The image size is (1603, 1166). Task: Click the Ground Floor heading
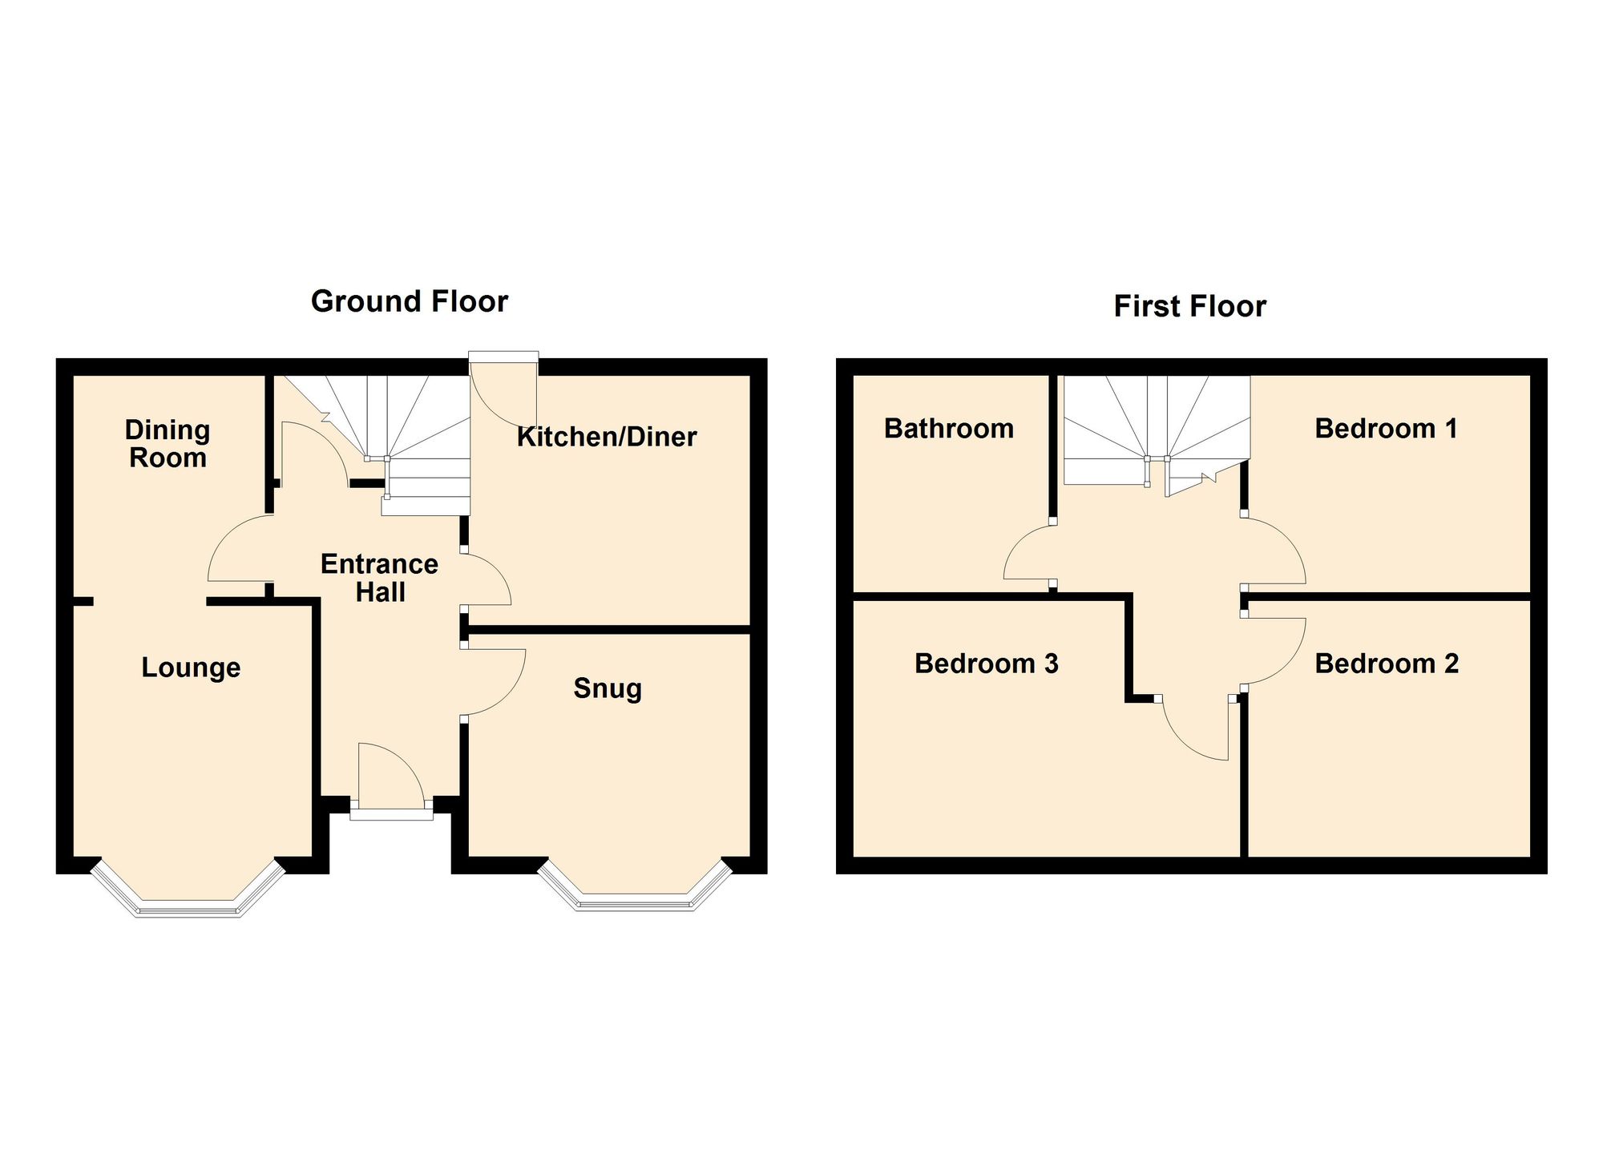point(410,301)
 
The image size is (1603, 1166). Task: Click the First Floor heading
point(1189,306)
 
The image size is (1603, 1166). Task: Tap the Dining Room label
point(168,444)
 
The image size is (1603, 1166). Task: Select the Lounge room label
point(191,668)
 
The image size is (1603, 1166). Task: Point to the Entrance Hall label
point(380,578)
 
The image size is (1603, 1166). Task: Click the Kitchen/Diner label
point(607,437)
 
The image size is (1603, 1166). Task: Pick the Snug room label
point(608,688)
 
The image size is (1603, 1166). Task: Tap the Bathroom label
point(949,429)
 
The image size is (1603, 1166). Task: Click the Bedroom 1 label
point(1386,429)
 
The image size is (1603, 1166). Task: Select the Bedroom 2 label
point(1387,664)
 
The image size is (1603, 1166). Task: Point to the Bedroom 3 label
point(987,664)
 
